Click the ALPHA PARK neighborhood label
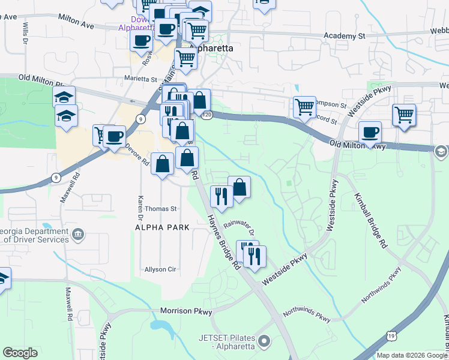point(162,227)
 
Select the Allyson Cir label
point(160,269)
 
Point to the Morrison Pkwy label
point(186,311)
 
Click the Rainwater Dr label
point(240,229)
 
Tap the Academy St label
point(345,36)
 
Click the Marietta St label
point(140,79)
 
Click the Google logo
point(20,353)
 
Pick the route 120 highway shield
point(207,114)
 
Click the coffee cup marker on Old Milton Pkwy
point(370,133)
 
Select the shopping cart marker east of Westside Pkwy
point(404,115)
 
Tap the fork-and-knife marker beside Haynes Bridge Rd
point(221,197)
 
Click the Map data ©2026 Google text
point(411,355)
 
